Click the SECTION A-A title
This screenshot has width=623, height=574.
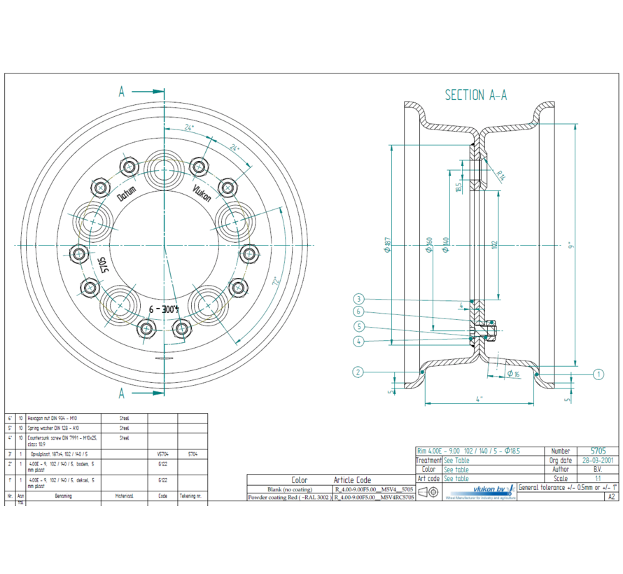coord(475,95)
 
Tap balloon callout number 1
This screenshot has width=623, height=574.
coord(598,374)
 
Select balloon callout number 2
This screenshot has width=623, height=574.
coord(358,372)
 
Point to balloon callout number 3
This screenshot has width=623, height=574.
coord(358,299)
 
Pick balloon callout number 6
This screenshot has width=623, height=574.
coord(358,311)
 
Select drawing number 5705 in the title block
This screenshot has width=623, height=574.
coord(598,451)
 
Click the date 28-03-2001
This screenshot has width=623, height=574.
coord(598,461)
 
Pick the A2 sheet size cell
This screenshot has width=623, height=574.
coord(611,496)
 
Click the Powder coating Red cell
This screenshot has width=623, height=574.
coord(288,497)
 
